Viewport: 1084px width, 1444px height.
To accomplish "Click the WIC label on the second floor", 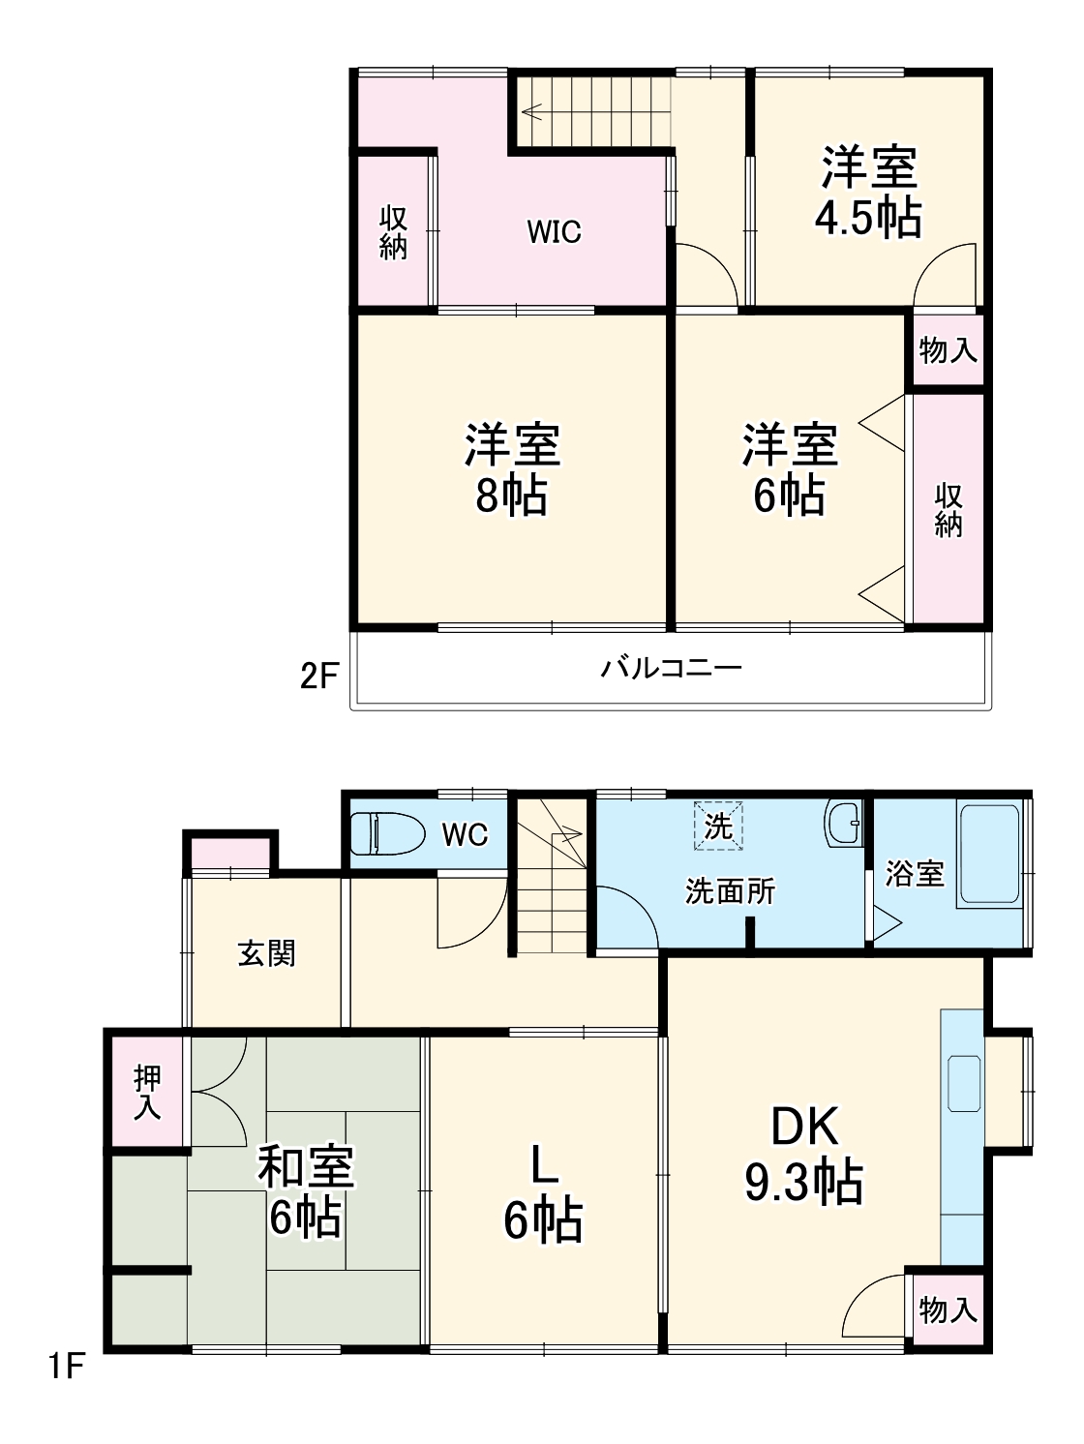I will (x=554, y=231).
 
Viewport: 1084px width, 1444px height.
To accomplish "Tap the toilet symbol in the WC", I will (x=387, y=832).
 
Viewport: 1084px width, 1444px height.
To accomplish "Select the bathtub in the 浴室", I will (x=988, y=855).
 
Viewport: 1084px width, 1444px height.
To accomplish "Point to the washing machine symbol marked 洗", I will (x=718, y=826).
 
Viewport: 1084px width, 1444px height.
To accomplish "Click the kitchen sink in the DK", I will (x=964, y=1084).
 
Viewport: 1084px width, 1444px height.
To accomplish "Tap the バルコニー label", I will (x=671, y=669).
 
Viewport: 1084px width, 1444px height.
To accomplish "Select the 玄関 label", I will (x=266, y=954).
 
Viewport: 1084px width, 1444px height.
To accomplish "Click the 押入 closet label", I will (x=147, y=1092).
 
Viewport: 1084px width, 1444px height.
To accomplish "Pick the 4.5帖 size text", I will (x=868, y=219).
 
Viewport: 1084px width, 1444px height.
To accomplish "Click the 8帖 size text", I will (x=511, y=496).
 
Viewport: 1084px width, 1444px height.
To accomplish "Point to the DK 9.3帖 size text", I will (x=803, y=1182).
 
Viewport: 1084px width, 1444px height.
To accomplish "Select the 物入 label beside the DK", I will (x=948, y=1310).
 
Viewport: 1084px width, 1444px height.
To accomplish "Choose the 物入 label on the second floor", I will (x=948, y=350).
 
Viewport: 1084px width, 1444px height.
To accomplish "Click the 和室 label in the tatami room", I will (x=305, y=1168).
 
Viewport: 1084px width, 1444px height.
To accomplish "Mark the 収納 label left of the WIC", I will (x=393, y=232).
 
